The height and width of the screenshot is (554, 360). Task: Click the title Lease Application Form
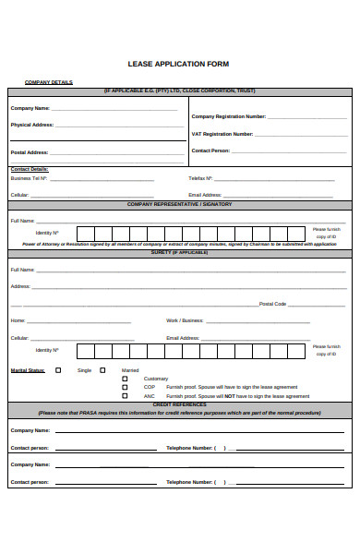(179, 64)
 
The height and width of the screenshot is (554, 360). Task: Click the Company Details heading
(48, 82)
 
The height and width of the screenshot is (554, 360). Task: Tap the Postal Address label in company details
(30, 152)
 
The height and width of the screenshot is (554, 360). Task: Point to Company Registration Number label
(229, 116)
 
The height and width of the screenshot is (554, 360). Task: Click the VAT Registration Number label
(222, 134)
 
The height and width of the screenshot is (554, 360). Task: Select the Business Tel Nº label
(29, 177)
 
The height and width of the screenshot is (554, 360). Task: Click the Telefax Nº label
(201, 177)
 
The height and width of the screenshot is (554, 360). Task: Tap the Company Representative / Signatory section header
(179, 203)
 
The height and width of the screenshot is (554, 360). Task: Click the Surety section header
(179, 251)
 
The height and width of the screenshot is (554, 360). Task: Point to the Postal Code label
(273, 304)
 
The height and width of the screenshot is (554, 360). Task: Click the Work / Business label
(185, 320)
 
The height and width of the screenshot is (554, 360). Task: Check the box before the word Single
(59, 370)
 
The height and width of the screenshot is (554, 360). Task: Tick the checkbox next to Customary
(126, 379)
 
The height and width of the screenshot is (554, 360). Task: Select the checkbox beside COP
(126, 387)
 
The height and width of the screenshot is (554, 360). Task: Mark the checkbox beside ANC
(126, 395)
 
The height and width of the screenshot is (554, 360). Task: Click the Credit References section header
(179, 404)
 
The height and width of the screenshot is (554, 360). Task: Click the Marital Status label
(28, 370)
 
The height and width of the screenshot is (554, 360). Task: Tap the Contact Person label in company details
(210, 151)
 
